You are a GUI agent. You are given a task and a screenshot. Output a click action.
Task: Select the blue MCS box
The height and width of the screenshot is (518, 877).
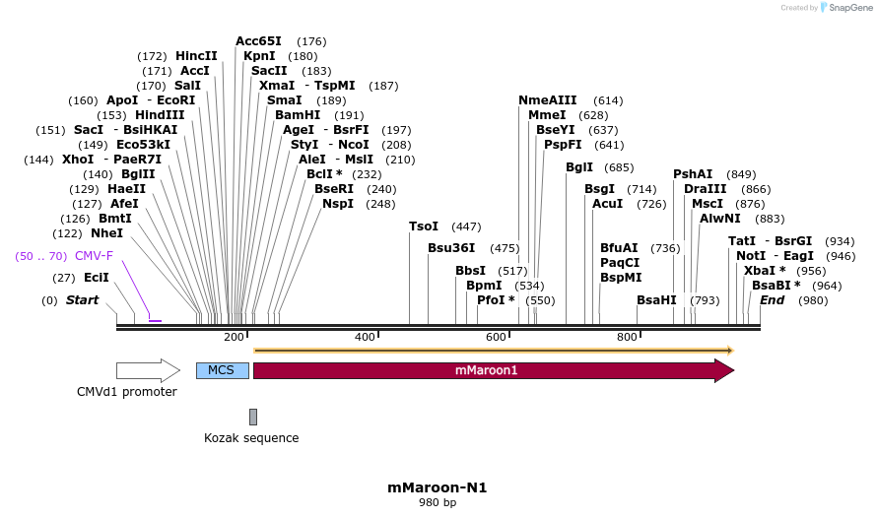coord(222,371)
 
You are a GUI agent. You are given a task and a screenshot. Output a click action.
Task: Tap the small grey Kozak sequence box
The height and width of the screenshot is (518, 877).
coord(253,417)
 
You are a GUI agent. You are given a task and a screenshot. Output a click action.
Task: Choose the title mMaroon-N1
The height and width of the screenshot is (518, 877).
coord(438,487)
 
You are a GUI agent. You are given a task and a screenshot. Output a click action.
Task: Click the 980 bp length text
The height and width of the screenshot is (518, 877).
coord(438,503)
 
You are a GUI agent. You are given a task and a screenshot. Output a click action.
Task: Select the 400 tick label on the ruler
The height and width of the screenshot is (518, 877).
coord(365,338)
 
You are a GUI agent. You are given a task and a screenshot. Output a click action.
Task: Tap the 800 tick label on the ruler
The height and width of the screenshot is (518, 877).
coord(627,338)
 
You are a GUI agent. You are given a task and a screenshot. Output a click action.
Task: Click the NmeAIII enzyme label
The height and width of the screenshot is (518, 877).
coord(548,100)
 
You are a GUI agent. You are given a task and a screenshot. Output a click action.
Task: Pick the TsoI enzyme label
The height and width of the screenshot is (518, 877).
coord(424,227)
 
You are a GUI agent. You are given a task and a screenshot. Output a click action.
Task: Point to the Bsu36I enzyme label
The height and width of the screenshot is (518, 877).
coord(451,248)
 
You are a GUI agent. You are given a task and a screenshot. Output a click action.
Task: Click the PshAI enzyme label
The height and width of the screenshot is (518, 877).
coord(693,174)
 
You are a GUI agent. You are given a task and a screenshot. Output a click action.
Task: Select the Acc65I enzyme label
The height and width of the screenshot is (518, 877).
coord(258,41)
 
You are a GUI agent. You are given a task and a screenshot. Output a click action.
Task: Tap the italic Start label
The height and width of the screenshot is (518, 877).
coord(83,299)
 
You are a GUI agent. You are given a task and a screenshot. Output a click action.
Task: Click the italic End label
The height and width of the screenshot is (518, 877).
coord(772,299)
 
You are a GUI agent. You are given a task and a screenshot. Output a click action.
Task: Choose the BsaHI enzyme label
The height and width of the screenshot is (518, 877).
coord(656,299)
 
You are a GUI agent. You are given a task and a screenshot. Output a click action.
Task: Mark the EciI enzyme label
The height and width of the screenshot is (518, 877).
coord(97,278)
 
